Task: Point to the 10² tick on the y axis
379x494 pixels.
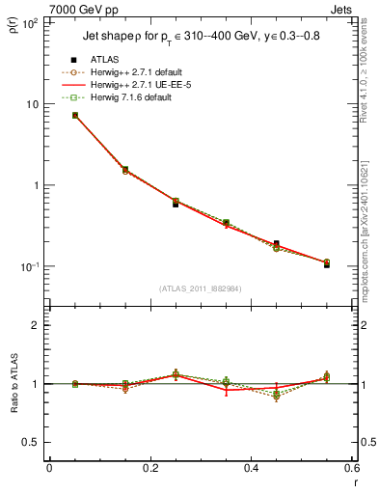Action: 30,22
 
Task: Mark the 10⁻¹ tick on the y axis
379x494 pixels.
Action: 30,267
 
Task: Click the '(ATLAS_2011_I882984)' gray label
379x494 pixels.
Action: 200,288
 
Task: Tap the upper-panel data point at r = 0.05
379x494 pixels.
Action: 75,115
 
